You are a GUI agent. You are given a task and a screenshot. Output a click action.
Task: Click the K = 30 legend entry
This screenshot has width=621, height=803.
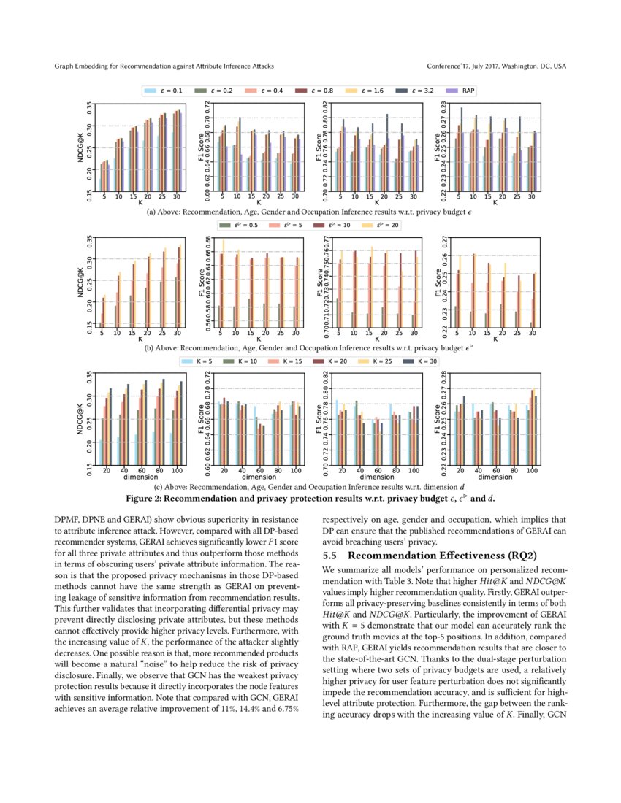point(427,361)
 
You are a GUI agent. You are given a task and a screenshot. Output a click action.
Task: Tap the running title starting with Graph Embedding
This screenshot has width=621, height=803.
point(164,66)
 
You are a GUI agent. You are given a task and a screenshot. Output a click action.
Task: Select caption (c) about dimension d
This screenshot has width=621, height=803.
point(310,487)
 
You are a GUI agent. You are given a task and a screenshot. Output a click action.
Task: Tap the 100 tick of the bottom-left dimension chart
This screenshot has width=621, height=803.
point(177,470)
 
